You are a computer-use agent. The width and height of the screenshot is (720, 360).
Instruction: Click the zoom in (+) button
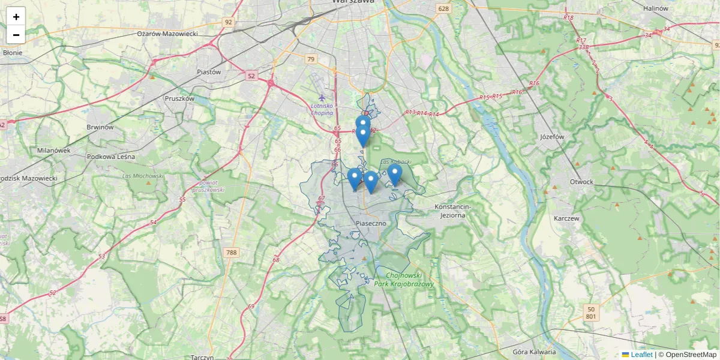tap(16, 17)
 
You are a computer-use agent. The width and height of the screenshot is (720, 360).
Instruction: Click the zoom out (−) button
tap(16, 35)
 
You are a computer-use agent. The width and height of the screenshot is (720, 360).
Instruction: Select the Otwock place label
tap(581, 182)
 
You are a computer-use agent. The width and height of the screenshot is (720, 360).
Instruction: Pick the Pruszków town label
tap(179, 98)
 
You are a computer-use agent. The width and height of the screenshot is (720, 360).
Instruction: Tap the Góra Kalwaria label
tap(535, 352)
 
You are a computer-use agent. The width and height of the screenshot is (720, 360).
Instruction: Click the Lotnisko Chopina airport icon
tap(322, 97)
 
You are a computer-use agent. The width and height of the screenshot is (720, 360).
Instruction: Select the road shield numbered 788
tap(232, 253)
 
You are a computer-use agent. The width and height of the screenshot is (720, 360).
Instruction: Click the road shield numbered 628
tap(443, 8)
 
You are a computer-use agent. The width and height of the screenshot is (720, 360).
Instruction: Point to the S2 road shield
tap(251, 76)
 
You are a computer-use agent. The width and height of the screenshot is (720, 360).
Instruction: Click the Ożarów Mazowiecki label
tap(167, 34)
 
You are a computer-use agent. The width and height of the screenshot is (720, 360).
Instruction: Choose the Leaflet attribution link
tap(641, 355)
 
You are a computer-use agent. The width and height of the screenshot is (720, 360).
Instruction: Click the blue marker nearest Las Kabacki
tap(394, 174)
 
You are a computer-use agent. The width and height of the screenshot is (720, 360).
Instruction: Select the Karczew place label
tap(567, 218)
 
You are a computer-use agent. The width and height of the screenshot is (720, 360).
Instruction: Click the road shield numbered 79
tap(310, 59)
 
